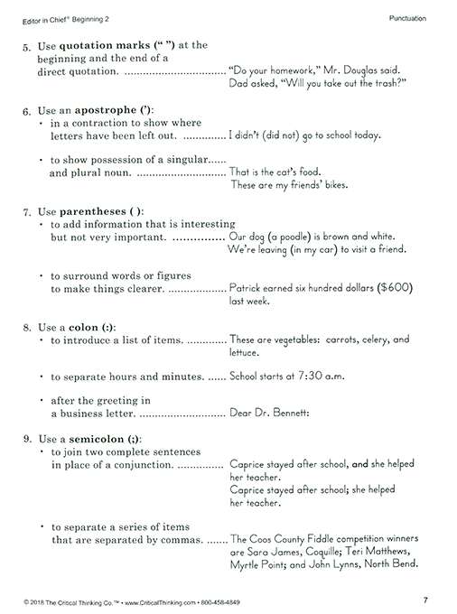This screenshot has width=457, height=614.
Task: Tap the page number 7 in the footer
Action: click(x=425, y=600)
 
